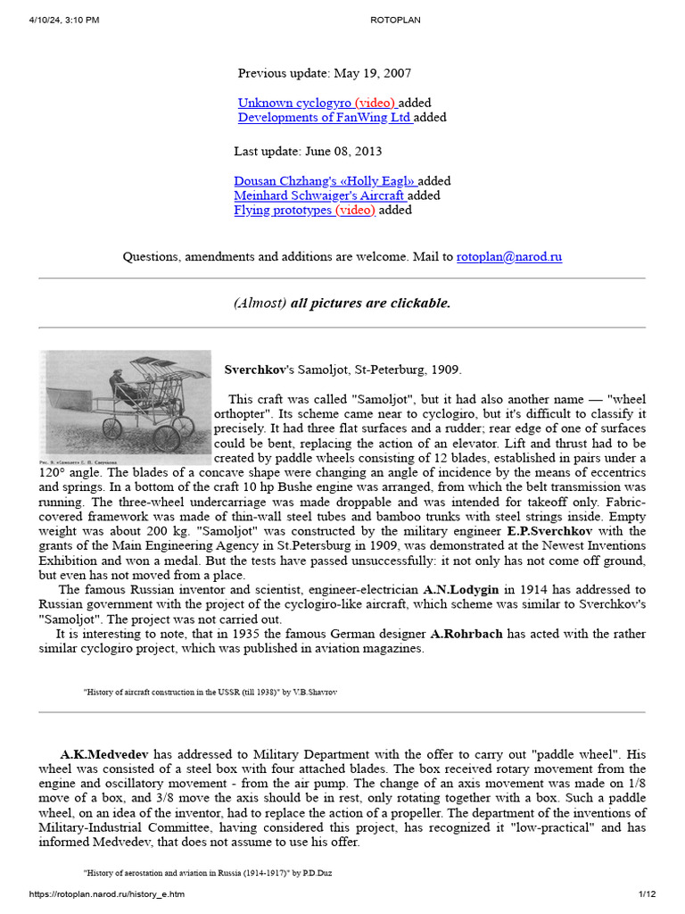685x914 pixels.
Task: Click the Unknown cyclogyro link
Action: click(x=294, y=103)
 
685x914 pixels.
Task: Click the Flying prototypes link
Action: click(x=285, y=210)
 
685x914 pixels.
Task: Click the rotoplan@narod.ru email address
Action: click(x=509, y=257)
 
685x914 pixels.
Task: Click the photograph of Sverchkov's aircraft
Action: click(x=126, y=402)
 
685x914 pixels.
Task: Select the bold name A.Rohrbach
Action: click(x=468, y=634)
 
